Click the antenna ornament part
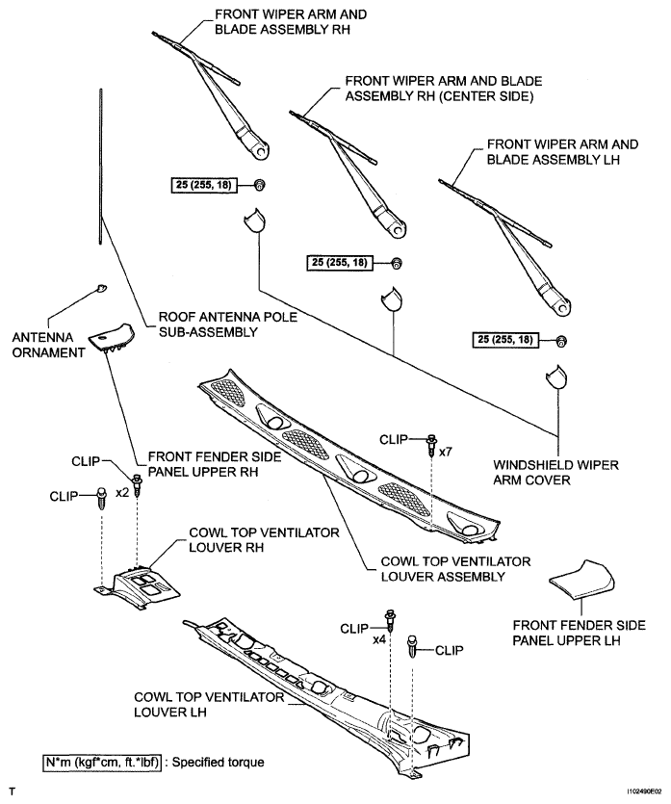pos(102,287)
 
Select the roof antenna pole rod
pos(99,164)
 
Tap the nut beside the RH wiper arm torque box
pos(259,185)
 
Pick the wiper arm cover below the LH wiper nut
pos(555,376)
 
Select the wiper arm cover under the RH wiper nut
pos(251,220)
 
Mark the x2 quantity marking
pos(122,491)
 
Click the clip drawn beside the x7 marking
pos(431,444)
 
